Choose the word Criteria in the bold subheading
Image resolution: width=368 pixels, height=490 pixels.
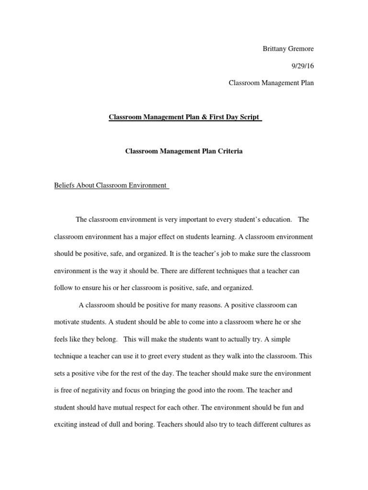231,151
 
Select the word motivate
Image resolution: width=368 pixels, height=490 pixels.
67,322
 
